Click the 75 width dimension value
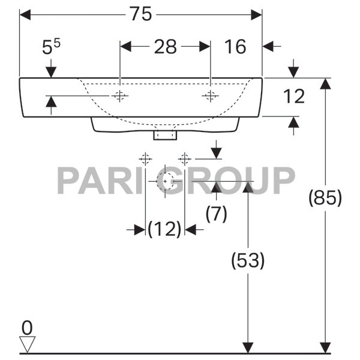(x=142, y=15)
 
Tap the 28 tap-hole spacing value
(x=165, y=47)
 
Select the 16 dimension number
(x=236, y=47)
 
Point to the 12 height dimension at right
(x=295, y=96)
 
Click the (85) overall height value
(x=325, y=198)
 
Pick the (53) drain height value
(x=247, y=260)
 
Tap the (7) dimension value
(x=216, y=214)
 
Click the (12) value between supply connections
(x=164, y=229)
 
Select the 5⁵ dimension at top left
(x=51, y=47)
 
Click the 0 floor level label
(x=26, y=328)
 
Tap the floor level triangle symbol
(x=28, y=344)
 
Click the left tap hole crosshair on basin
(x=121, y=96)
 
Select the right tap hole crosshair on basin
(x=210, y=96)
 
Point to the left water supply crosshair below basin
(x=145, y=159)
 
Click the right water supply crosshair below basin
(x=185, y=159)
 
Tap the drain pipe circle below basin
(x=165, y=181)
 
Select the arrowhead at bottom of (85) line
(x=325, y=348)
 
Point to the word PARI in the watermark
(x=97, y=180)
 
